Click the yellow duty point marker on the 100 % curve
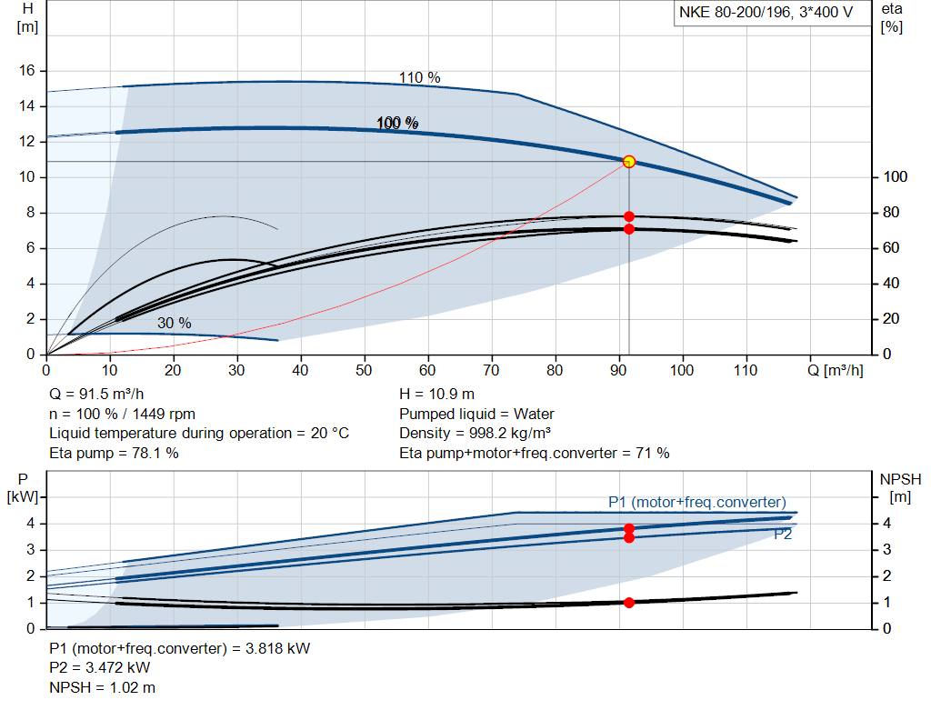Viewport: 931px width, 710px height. point(628,161)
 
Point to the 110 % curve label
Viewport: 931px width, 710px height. point(419,78)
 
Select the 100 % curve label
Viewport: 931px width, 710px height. point(397,123)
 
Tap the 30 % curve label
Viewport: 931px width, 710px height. point(174,323)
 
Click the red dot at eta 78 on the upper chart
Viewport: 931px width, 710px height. point(629,216)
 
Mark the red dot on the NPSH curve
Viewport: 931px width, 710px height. point(628,602)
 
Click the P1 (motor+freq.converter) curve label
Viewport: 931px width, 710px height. point(696,502)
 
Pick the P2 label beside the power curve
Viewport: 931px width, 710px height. point(783,535)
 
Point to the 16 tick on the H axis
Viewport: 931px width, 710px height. point(26,70)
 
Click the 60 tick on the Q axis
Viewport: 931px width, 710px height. point(428,371)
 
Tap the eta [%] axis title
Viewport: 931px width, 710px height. point(891,17)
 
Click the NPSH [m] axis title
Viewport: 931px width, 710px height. point(900,486)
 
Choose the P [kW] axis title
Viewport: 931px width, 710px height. point(24,486)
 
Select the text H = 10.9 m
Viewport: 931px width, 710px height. point(436,395)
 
